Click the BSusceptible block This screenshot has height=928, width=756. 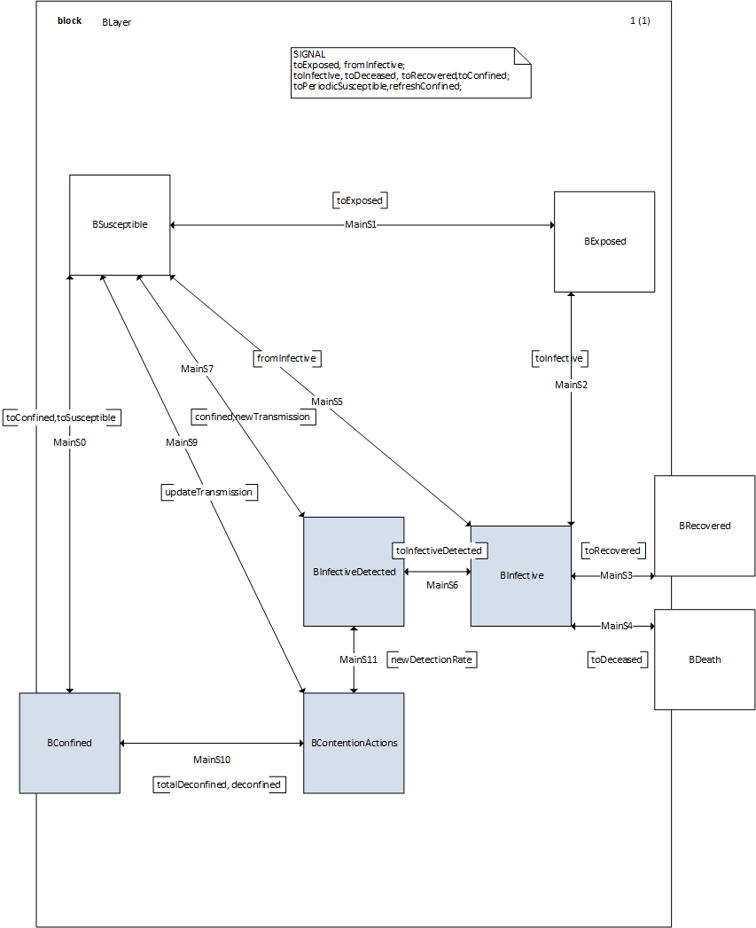click(x=120, y=225)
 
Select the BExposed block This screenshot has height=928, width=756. click(x=604, y=241)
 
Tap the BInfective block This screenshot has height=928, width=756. click(x=521, y=576)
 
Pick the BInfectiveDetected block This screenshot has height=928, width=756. click(x=354, y=573)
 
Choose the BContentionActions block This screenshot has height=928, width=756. click(x=354, y=743)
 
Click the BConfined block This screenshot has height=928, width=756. click(x=69, y=743)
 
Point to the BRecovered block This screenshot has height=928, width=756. click(x=705, y=526)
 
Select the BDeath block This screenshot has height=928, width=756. click(x=705, y=659)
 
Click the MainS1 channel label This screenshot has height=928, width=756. click(x=361, y=225)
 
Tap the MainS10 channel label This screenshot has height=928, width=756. click(x=212, y=760)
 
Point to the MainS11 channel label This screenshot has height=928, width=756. click(x=358, y=659)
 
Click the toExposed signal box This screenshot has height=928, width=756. click(x=359, y=200)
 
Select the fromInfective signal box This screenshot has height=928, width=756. click(x=285, y=358)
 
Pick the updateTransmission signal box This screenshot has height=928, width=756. click(x=208, y=492)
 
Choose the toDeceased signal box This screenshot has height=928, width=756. click(x=616, y=659)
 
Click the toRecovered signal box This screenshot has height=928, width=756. click(x=612, y=550)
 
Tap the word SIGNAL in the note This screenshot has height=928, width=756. click(x=308, y=54)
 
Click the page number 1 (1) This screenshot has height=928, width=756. click(x=640, y=21)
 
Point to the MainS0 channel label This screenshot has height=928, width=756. click(x=69, y=441)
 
